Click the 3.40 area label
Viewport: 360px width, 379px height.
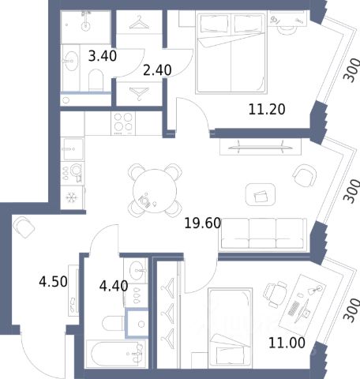(x=103, y=56)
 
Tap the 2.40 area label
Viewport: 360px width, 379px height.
(x=157, y=70)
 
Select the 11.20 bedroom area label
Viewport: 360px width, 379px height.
(x=267, y=110)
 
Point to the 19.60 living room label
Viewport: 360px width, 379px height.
(x=202, y=223)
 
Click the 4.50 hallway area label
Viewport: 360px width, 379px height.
(x=53, y=282)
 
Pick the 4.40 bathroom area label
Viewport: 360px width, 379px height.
(x=114, y=286)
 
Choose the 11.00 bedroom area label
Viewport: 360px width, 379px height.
(x=287, y=343)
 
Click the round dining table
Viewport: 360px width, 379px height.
(x=155, y=190)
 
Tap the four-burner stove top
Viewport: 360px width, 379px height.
(x=123, y=123)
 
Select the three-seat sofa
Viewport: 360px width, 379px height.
(x=263, y=234)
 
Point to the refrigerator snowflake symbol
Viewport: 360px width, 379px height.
(x=70, y=197)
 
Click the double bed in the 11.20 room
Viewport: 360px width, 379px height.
(x=231, y=52)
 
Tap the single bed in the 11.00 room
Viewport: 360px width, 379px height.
(x=230, y=328)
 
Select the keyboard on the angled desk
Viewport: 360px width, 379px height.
(x=294, y=309)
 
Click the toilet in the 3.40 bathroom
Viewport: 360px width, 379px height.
(x=96, y=80)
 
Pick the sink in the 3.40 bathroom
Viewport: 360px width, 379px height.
(x=72, y=61)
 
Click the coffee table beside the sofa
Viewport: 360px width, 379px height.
(x=261, y=194)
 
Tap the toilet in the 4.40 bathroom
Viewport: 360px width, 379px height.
(x=113, y=324)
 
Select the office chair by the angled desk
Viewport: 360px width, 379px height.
(x=276, y=294)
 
